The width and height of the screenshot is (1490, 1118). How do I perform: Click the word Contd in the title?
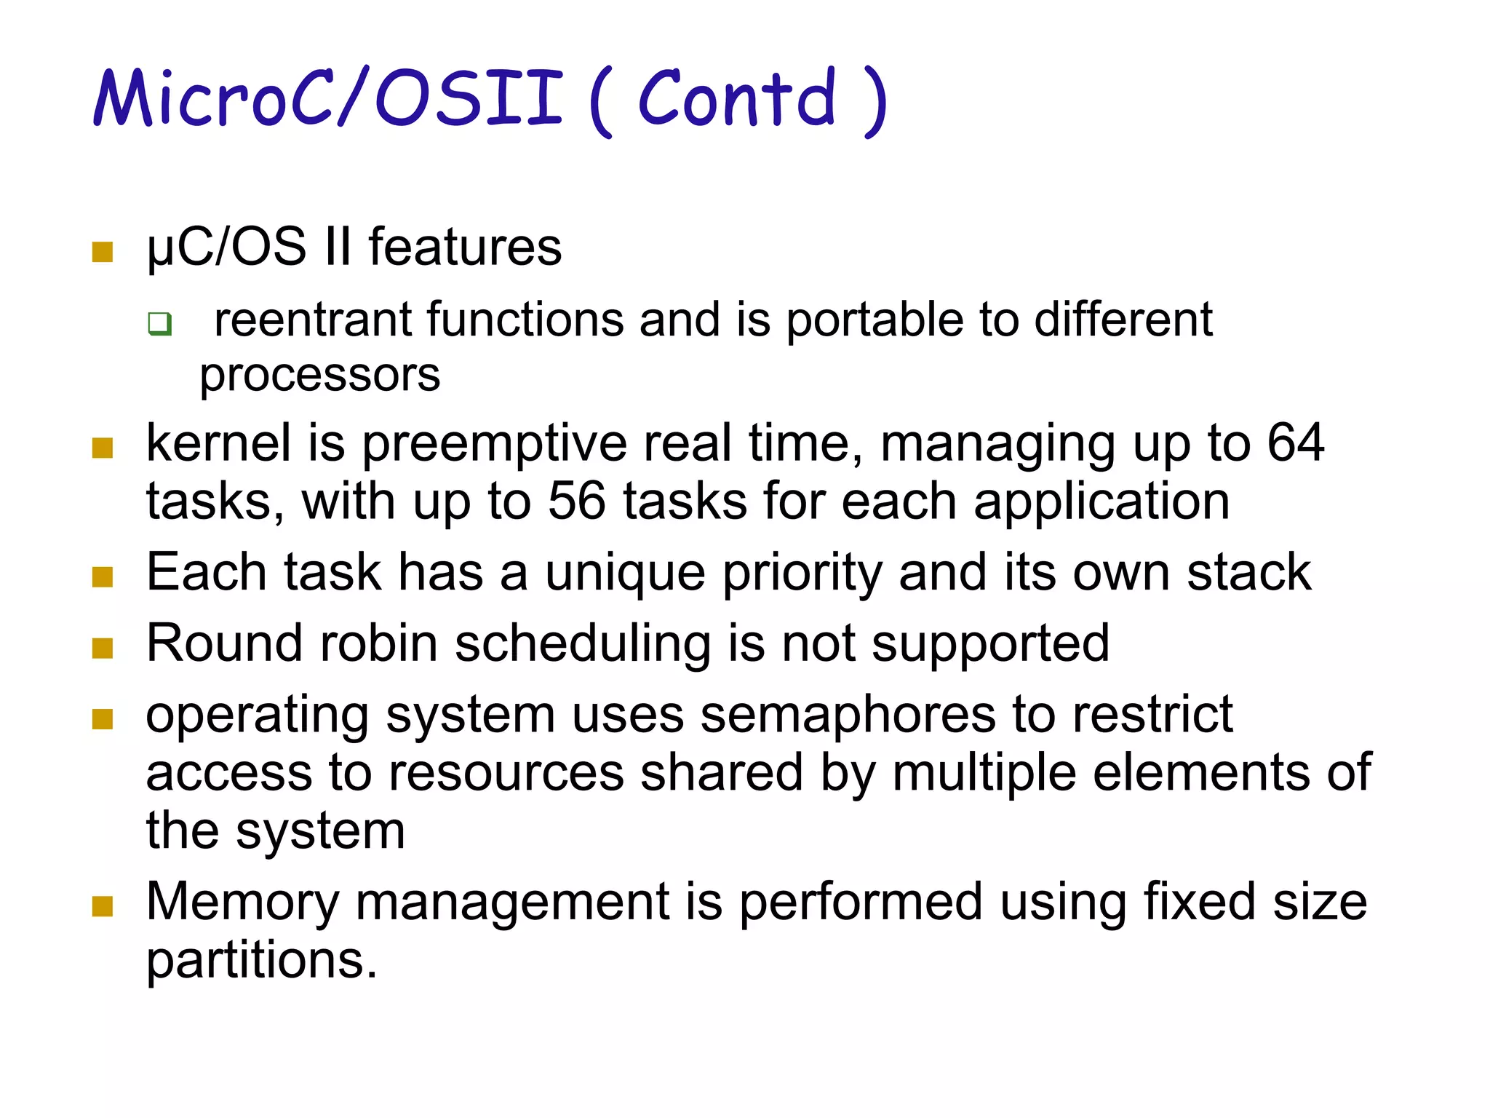click(x=737, y=99)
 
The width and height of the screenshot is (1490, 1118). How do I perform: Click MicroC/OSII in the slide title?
click(x=329, y=98)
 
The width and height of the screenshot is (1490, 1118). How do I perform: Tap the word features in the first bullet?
click(x=465, y=247)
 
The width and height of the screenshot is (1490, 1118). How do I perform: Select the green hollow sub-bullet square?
click(x=159, y=323)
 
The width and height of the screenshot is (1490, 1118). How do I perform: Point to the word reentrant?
click(x=312, y=320)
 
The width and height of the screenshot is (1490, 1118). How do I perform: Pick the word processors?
click(x=320, y=376)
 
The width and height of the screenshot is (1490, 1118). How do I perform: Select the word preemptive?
click(x=494, y=443)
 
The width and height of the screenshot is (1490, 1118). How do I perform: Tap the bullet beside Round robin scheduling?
click(x=103, y=648)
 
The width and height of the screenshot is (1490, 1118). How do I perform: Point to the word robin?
click(x=378, y=643)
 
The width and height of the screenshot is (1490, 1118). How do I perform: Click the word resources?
click(x=506, y=772)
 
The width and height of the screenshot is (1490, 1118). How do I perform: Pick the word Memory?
click(x=242, y=902)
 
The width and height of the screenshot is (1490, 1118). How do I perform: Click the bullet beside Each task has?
click(x=103, y=577)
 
